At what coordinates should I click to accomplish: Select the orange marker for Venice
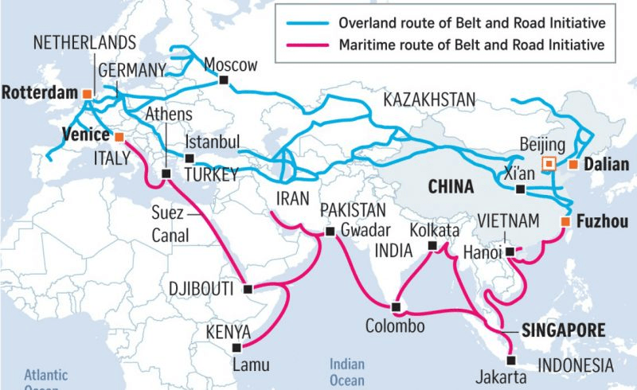[x=119, y=135]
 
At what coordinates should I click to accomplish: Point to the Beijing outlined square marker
[x=549, y=164]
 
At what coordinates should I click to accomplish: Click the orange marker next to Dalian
[x=572, y=165]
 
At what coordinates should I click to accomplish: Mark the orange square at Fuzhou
[x=565, y=220]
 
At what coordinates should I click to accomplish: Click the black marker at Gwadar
[x=330, y=232]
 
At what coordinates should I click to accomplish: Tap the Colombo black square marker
[x=396, y=306]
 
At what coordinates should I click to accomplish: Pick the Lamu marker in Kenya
[x=236, y=347]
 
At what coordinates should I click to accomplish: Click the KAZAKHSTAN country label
[x=429, y=99]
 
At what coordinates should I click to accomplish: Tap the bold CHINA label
[x=451, y=187]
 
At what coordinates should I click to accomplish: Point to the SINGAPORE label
[x=562, y=330]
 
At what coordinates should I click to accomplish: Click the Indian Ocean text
[x=347, y=372]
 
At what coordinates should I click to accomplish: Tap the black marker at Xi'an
[x=520, y=189]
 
